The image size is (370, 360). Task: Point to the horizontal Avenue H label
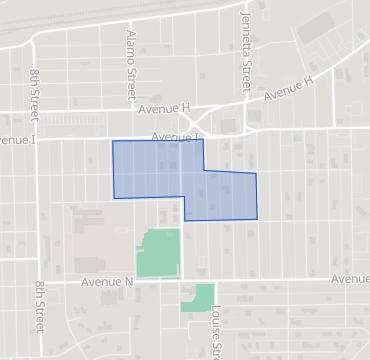coord(164,108)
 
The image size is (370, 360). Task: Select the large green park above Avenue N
coord(157,252)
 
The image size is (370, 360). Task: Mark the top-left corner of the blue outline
coord(112,141)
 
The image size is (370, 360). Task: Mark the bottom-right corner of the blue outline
coord(257,219)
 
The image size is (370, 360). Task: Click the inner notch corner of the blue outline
coord(204,171)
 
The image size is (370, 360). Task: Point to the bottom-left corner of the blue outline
coord(112,198)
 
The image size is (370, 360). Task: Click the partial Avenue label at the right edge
coord(351,279)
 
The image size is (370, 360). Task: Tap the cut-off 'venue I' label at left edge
coord(18,140)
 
